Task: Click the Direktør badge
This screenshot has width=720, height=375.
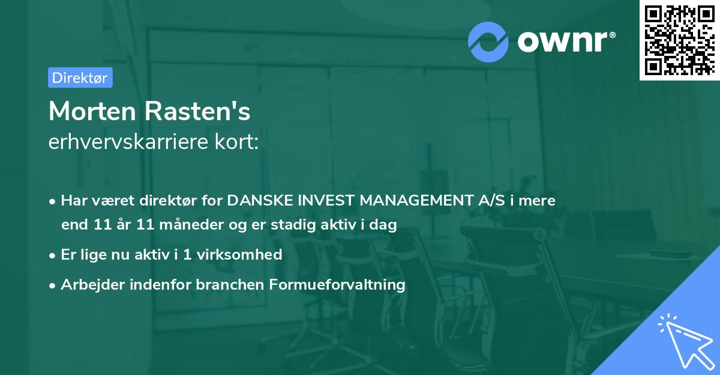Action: pos(80,78)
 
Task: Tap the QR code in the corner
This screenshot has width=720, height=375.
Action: pos(679,40)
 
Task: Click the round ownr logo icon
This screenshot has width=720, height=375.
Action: pos(488,42)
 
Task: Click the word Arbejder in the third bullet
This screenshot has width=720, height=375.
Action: pos(88,284)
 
